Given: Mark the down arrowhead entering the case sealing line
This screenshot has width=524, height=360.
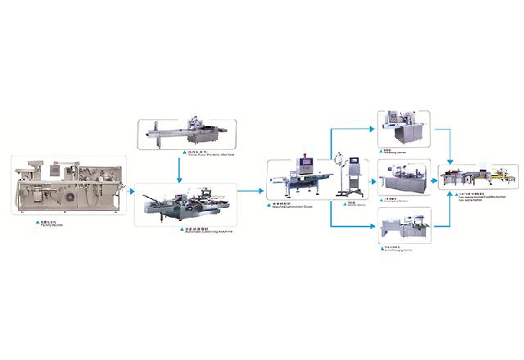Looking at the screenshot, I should coord(452,160).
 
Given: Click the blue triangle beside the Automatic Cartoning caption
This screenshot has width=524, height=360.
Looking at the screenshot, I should coord(178,232).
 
